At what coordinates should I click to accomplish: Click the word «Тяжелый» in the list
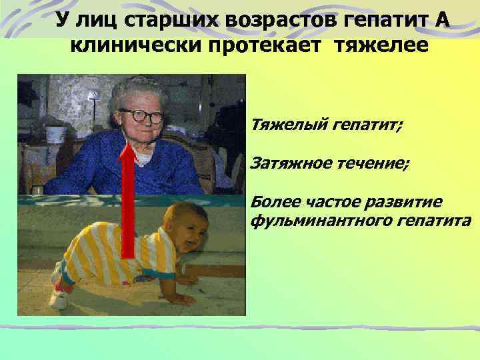click(x=285, y=124)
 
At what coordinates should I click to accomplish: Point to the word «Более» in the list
click(x=274, y=202)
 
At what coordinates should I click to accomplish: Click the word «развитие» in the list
click(x=399, y=202)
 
